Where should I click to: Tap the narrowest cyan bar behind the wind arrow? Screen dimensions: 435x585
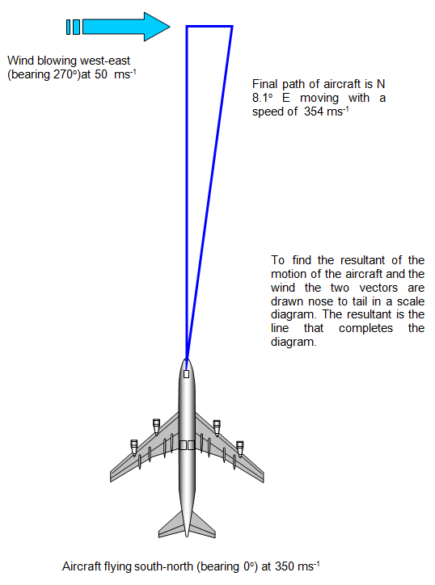pyautogui.click(x=69, y=27)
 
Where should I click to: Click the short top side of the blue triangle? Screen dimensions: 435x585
pyautogui.click(x=209, y=26)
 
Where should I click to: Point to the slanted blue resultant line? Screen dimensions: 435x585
pyautogui.click(x=209, y=192)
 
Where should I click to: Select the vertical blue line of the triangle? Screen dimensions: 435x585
pyautogui.click(x=187, y=192)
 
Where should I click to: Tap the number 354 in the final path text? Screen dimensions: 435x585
pyautogui.click(x=313, y=112)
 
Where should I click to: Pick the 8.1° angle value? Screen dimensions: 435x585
pyautogui.click(x=262, y=98)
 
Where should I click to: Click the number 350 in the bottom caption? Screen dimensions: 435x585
pyautogui.click(x=284, y=566)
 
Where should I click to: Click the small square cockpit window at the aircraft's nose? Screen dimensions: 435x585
pyautogui.click(x=186, y=374)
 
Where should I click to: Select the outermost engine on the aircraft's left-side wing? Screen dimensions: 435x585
pyautogui.click(x=133, y=448)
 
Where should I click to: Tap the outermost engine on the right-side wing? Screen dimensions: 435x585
pyautogui.click(x=239, y=448)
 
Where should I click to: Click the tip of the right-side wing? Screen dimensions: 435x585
pyautogui.click(x=262, y=478)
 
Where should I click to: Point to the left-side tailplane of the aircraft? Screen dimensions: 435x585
pyautogui.click(x=171, y=525)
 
